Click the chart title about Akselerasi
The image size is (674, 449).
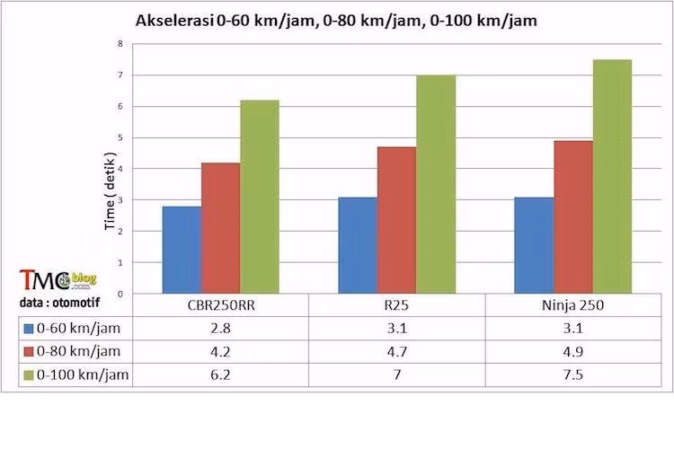tap(336, 20)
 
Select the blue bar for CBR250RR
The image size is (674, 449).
tap(182, 250)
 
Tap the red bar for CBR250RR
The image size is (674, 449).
tap(220, 228)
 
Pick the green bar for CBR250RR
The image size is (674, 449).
tap(259, 197)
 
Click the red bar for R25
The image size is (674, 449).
tap(396, 220)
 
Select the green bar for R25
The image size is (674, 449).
tap(436, 184)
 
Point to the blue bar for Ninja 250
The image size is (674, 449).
tap(534, 245)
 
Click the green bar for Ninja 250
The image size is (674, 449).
tap(612, 177)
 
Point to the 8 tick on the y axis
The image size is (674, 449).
tap(120, 44)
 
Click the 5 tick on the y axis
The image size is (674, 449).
tap(120, 137)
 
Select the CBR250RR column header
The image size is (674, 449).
tap(220, 305)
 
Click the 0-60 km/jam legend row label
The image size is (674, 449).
tap(84, 329)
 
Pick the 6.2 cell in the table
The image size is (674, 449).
tap(220, 375)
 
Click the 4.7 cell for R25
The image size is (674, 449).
tap(396, 352)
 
